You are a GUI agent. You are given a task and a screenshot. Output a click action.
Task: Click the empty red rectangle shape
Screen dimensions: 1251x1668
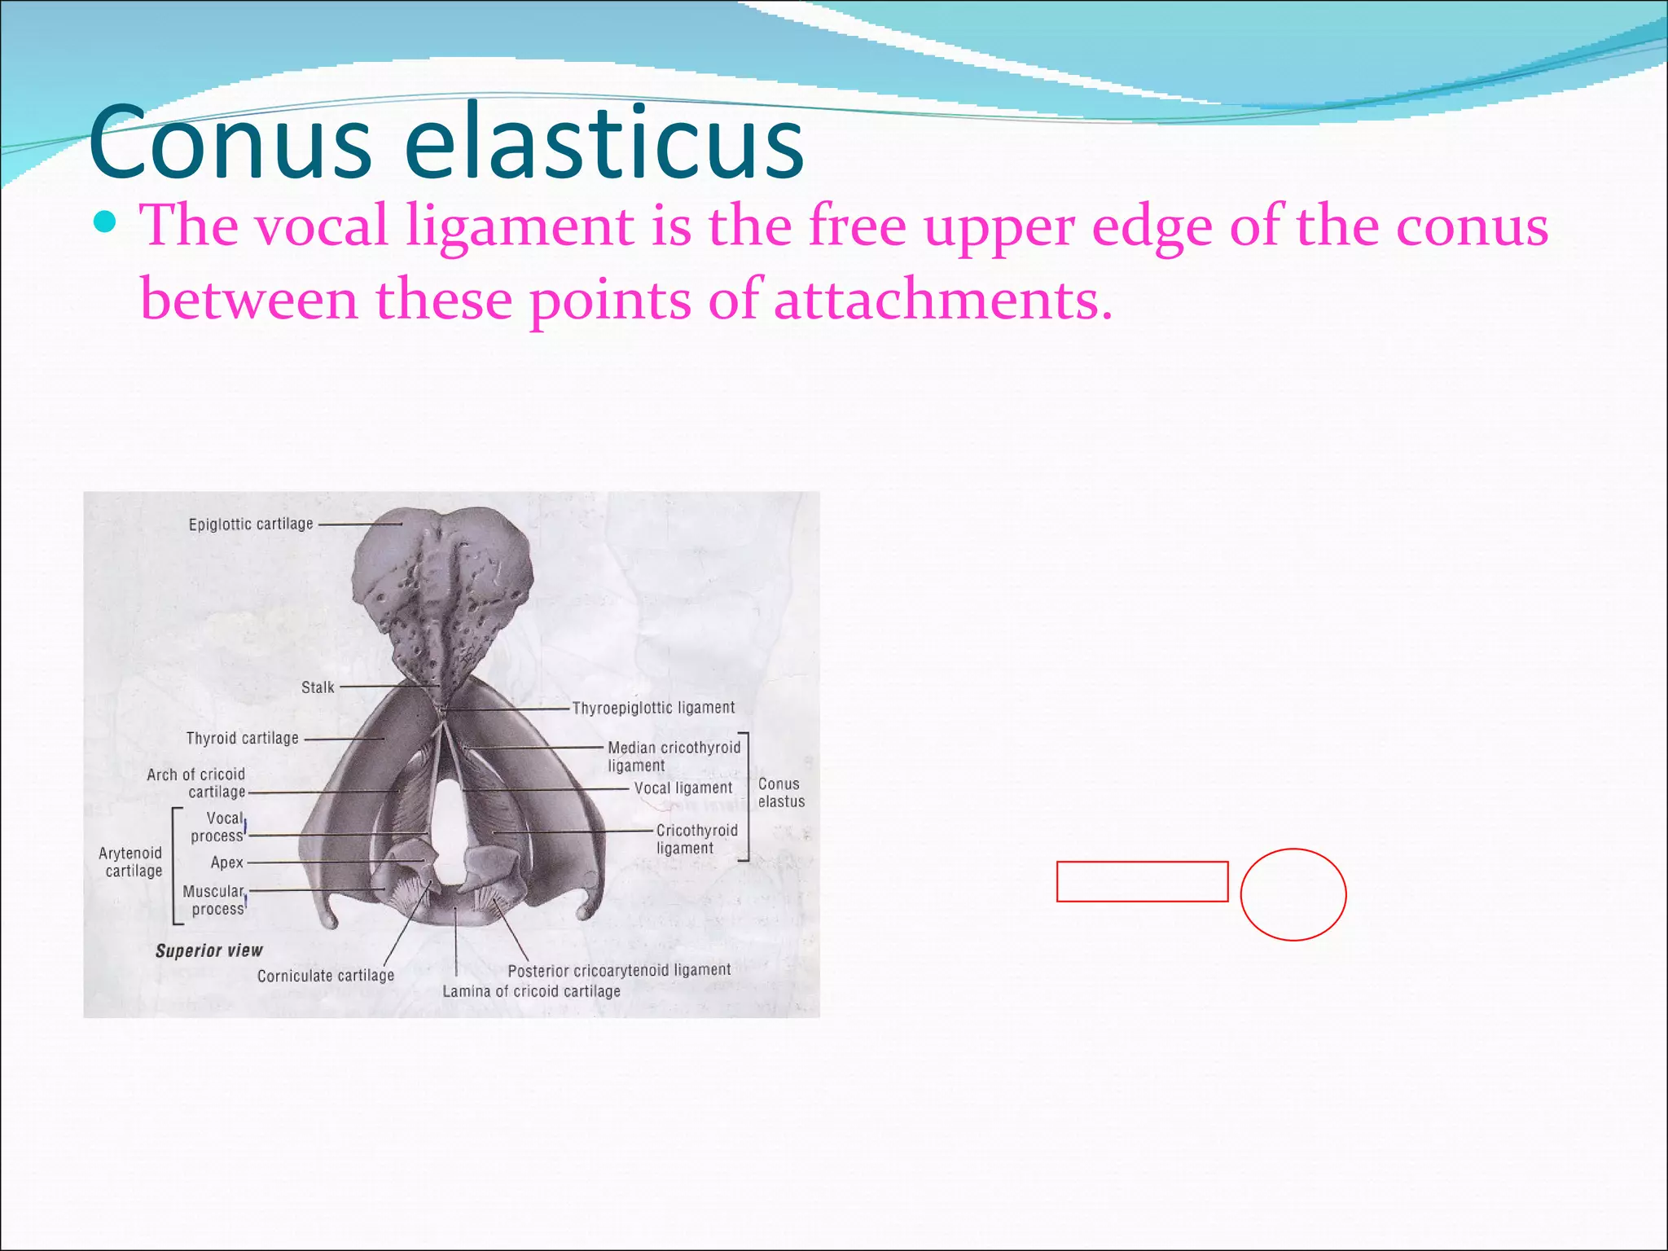[x=1142, y=881]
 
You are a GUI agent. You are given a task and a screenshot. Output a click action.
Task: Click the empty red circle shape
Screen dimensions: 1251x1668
[x=1293, y=894]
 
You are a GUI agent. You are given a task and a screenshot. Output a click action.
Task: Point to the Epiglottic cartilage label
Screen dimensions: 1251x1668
[x=251, y=525]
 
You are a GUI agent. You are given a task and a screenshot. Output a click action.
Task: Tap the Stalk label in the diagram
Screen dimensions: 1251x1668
[x=318, y=687]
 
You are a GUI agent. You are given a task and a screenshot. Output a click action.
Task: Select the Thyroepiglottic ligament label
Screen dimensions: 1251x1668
[x=653, y=708]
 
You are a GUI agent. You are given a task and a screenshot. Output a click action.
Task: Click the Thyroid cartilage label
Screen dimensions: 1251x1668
[x=242, y=739]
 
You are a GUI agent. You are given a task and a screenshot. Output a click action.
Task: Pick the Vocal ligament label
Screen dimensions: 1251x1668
[x=683, y=788]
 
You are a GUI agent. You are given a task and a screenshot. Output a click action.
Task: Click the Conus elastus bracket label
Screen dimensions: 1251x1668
[x=780, y=792]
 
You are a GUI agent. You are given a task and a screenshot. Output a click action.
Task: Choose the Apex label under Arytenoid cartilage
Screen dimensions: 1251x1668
[x=226, y=863]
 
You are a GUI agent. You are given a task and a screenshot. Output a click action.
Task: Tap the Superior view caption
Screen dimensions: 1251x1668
[x=209, y=950]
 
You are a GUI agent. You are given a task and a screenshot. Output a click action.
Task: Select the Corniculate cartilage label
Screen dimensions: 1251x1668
[x=326, y=976]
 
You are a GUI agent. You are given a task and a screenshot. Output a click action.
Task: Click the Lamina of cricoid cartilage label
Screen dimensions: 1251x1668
[x=531, y=991]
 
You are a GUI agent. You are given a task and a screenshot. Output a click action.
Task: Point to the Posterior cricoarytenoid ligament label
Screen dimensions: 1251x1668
[x=619, y=970]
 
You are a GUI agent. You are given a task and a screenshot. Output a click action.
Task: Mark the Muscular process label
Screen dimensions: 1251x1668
[x=214, y=900]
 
